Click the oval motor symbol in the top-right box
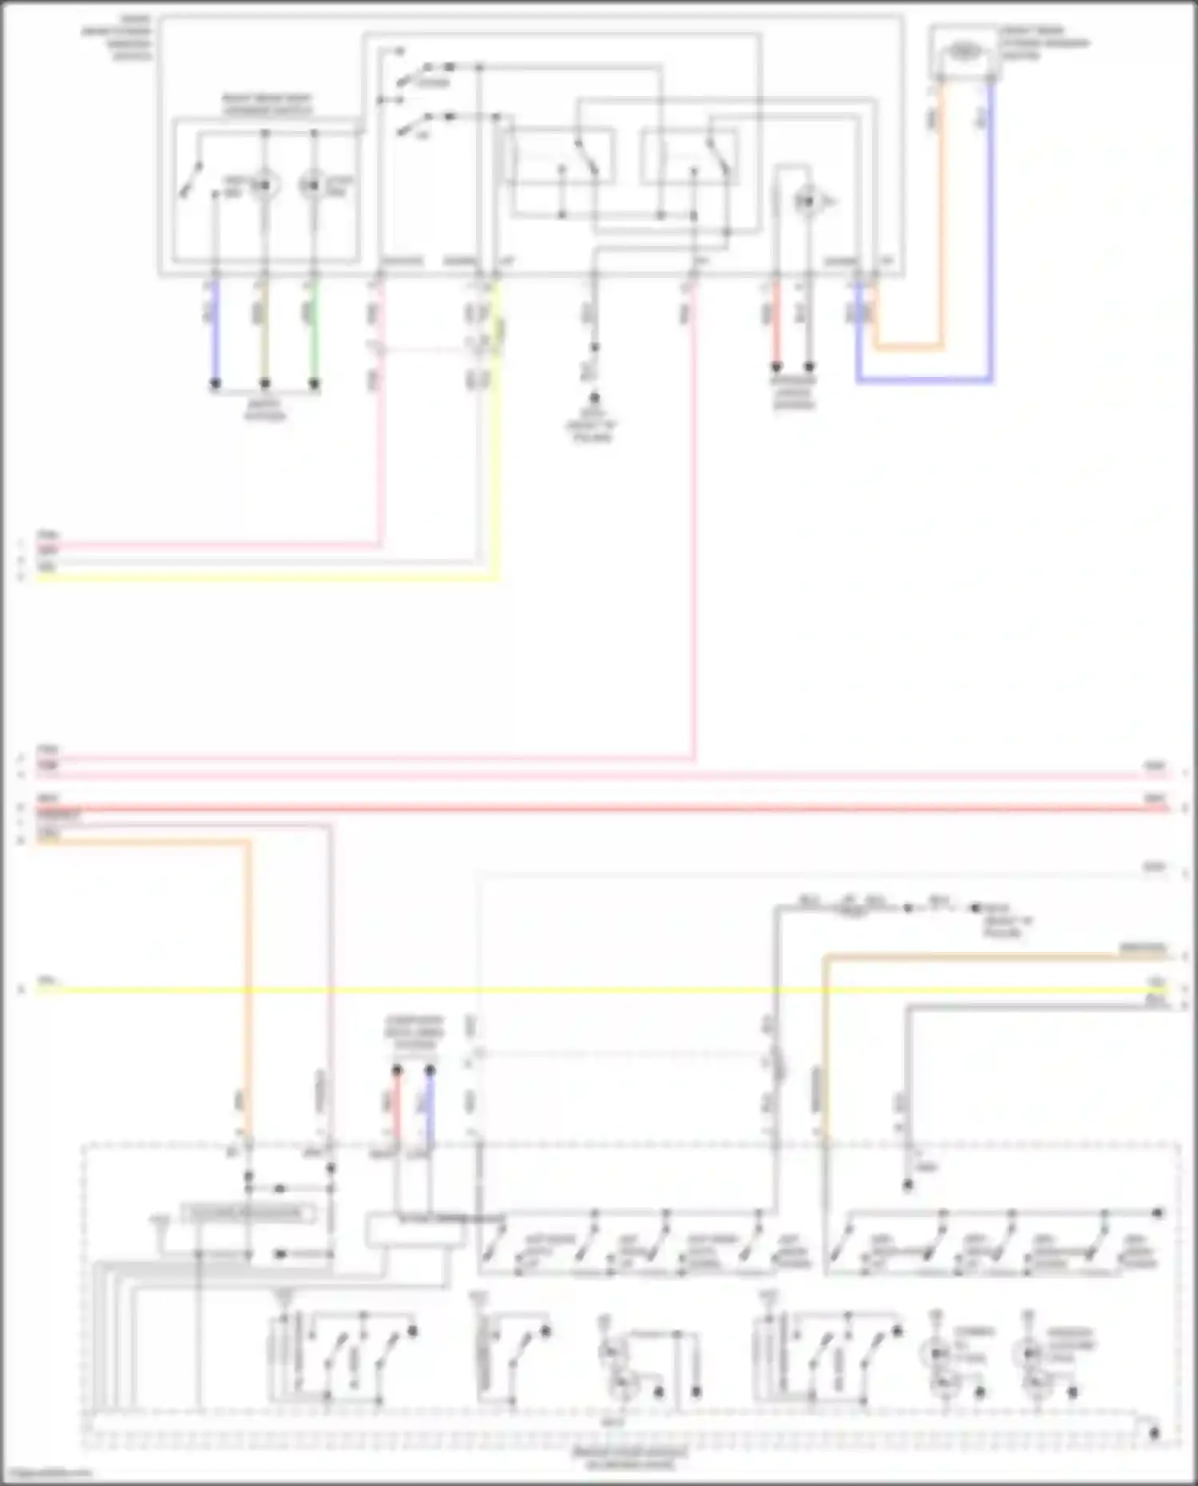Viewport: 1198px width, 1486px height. tap(965, 52)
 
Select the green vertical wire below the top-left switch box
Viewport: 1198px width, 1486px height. tap(315, 335)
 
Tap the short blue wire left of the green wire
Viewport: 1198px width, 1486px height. tap(215, 335)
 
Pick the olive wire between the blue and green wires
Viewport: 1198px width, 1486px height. tap(265, 335)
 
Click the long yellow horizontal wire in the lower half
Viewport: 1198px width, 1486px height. tap(559, 990)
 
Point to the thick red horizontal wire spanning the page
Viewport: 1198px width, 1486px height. tap(559, 809)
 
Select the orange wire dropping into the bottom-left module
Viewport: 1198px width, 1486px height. tap(248, 998)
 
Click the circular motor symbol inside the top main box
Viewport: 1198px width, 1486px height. tap(807, 202)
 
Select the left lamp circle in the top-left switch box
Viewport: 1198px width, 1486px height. tap(264, 186)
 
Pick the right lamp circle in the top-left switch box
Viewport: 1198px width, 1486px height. tap(313, 186)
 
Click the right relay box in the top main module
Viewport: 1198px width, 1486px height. tap(688, 156)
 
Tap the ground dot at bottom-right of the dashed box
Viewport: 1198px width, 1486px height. tap(1154, 1433)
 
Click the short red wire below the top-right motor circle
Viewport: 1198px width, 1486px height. tap(775, 323)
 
